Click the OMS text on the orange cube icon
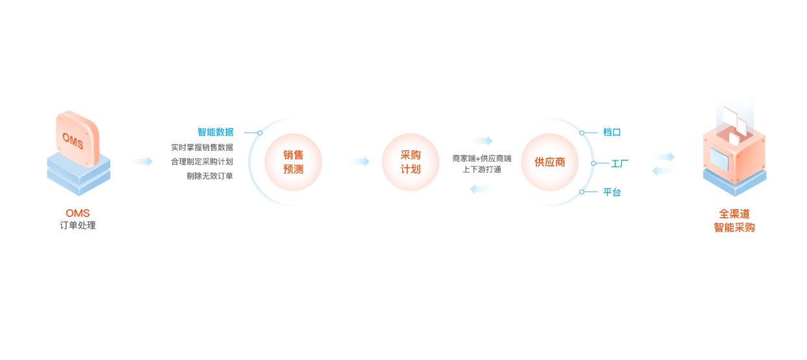(x=73, y=140)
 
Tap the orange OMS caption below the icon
(x=78, y=213)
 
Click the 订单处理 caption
(x=78, y=225)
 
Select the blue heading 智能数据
(x=216, y=132)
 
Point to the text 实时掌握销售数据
(x=201, y=147)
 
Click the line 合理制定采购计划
(x=201, y=161)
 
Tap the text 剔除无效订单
(x=209, y=175)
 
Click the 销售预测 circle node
(x=293, y=162)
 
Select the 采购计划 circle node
(x=411, y=162)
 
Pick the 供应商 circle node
(x=550, y=162)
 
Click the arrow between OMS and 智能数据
(x=142, y=161)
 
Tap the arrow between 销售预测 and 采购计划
(x=359, y=161)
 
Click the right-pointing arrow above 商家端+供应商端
(x=483, y=141)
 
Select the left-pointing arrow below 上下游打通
(x=481, y=189)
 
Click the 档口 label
(x=612, y=132)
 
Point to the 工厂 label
(x=620, y=163)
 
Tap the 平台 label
(x=612, y=192)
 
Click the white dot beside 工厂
(x=593, y=163)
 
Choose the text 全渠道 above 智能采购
(x=734, y=213)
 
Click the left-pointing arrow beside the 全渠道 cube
(x=662, y=171)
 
